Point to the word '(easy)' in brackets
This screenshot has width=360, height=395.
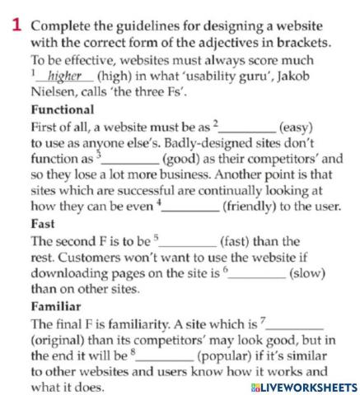[296, 127]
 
